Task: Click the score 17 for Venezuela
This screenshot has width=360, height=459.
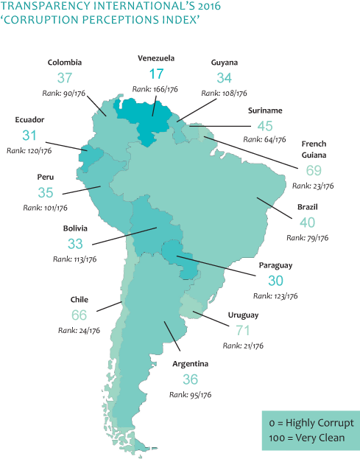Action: click(156, 74)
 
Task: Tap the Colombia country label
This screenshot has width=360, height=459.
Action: click(65, 63)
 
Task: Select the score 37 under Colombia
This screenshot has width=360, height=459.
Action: click(65, 77)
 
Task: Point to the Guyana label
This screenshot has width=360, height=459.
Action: click(224, 63)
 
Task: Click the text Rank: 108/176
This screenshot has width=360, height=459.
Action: click(224, 94)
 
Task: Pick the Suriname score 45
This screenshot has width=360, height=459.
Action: click(265, 125)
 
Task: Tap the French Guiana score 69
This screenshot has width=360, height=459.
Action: click(314, 170)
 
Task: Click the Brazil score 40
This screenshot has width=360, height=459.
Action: click(307, 222)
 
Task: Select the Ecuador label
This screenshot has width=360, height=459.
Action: click(29, 119)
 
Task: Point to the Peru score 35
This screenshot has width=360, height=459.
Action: click(46, 192)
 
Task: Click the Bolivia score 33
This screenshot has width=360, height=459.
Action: click(75, 243)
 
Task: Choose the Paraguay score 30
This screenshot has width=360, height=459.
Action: click(275, 280)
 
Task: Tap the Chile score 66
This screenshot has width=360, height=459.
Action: click(79, 315)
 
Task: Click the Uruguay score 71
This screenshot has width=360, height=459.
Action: click(243, 329)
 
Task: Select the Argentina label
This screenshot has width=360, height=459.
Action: click(190, 364)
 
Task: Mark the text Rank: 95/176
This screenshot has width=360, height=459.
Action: click(190, 395)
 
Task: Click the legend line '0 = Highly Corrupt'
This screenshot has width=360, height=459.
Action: click(311, 423)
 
